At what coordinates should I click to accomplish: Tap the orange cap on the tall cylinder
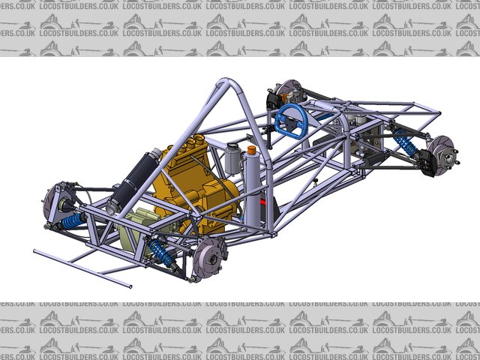click(252, 150)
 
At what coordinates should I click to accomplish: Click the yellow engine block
click(196, 184)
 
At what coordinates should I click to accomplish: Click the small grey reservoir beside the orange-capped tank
click(232, 158)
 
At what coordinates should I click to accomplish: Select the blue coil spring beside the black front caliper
click(405, 142)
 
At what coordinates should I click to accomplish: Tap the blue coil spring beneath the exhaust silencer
click(73, 221)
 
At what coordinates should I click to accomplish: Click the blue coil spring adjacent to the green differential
click(160, 253)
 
